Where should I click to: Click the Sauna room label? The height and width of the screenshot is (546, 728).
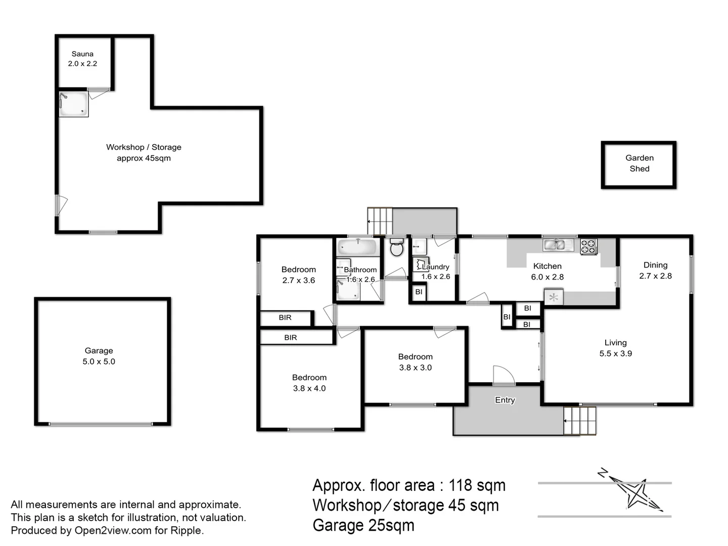(82, 54)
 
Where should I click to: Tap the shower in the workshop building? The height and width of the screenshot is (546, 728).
(73, 104)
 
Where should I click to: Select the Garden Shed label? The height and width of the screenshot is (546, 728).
(639, 163)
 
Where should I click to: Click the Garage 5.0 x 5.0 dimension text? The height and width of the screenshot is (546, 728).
(99, 361)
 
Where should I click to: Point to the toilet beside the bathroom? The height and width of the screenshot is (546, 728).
(397, 248)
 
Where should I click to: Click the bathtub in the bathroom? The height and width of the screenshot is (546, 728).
(357, 248)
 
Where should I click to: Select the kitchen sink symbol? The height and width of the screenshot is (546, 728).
(558, 245)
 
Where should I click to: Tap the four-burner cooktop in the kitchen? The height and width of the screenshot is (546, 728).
(588, 247)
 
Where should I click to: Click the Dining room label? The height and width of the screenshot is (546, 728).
(655, 265)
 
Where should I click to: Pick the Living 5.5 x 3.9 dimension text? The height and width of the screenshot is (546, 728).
(615, 354)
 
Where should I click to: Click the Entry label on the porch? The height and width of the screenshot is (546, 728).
(505, 400)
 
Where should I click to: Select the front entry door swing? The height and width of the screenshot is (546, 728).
(503, 375)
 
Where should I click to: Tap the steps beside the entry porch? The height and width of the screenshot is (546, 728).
(580, 420)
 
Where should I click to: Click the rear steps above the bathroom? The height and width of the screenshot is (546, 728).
(380, 221)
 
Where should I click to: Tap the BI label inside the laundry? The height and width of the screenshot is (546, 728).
(419, 292)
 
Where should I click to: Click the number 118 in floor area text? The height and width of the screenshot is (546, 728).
(460, 485)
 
